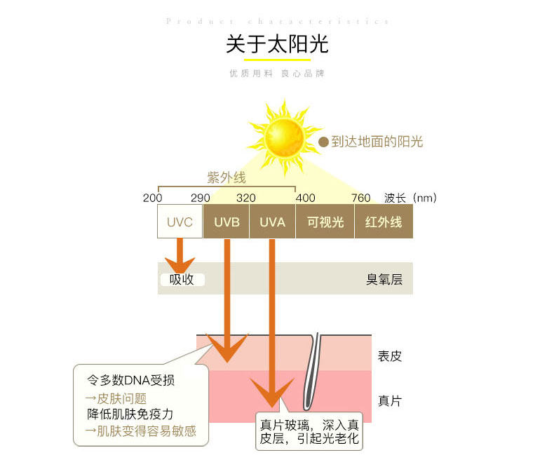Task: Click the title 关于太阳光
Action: pos(277,44)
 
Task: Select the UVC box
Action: pos(180,222)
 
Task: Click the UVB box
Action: pos(226,222)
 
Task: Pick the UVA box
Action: pos(272,222)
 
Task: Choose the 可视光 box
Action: pos(325,222)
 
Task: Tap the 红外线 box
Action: pos(383,222)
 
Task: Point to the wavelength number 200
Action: pos(152,198)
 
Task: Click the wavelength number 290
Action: pos(200,198)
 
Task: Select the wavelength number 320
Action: pos(245,198)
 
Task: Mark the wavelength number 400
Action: pos(306,198)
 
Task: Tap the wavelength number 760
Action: pos(360,198)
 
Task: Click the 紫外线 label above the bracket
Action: pos(226,177)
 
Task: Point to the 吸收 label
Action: pos(182,280)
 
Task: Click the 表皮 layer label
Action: pos(390,355)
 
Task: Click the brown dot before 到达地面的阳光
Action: pos(323,142)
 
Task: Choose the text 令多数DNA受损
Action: pos(130,381)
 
